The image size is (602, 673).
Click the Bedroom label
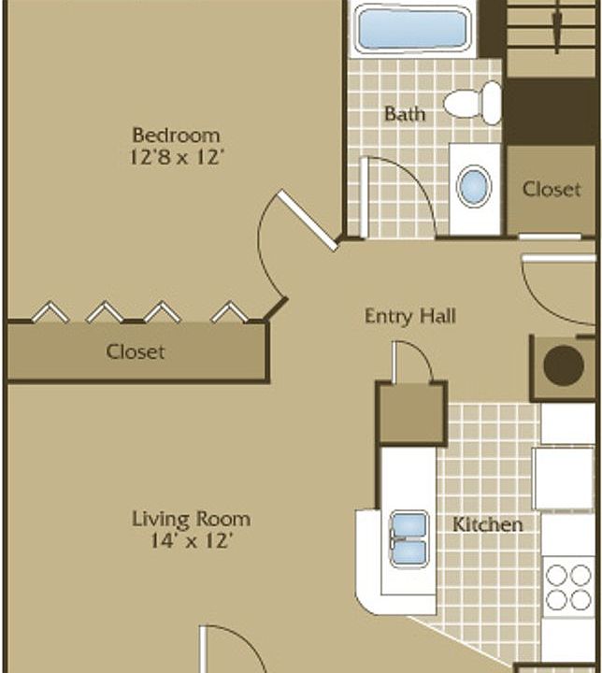pos(176,135)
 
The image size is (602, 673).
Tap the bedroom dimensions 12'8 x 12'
pos(176,157)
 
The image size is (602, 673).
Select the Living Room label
pos(191,518)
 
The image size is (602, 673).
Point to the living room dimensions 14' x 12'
pos(191,540)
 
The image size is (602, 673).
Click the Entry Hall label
pos(409,316)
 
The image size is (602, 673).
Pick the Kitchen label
pos(488,523)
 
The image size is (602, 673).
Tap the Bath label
pos(404,114)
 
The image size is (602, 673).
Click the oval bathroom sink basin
pos(474,186)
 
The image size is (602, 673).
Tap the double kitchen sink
pos(408,538)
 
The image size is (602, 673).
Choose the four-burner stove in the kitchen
pos(567,585)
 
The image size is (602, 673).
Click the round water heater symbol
pos(564,366)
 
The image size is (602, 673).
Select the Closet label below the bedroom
pos(136,352)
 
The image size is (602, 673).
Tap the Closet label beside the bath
pos(551,189)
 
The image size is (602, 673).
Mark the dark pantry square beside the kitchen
pos(411,412)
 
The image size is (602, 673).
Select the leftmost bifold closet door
pos(49,312)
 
